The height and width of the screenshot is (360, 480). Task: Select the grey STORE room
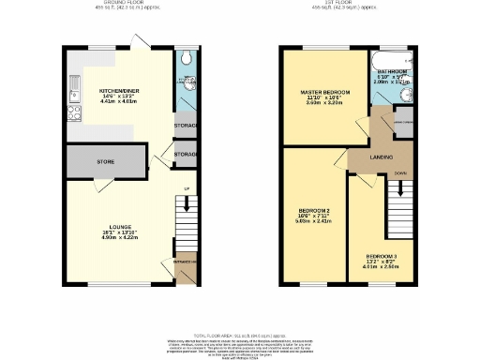105,161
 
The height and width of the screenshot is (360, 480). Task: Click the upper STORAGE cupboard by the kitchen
186,125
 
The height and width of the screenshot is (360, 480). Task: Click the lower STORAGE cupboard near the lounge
186,154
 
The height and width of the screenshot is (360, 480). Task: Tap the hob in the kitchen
72,116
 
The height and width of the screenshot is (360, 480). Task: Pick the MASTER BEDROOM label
324,92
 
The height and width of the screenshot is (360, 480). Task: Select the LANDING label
380,157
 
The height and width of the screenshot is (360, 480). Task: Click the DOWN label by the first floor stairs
401,173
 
